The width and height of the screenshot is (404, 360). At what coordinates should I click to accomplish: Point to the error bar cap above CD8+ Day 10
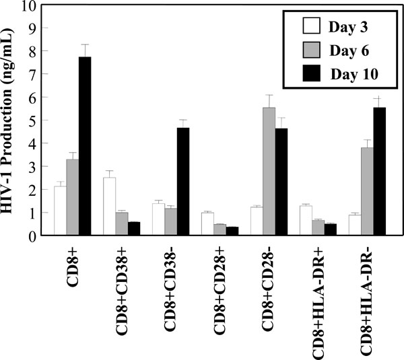pos(85,44)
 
